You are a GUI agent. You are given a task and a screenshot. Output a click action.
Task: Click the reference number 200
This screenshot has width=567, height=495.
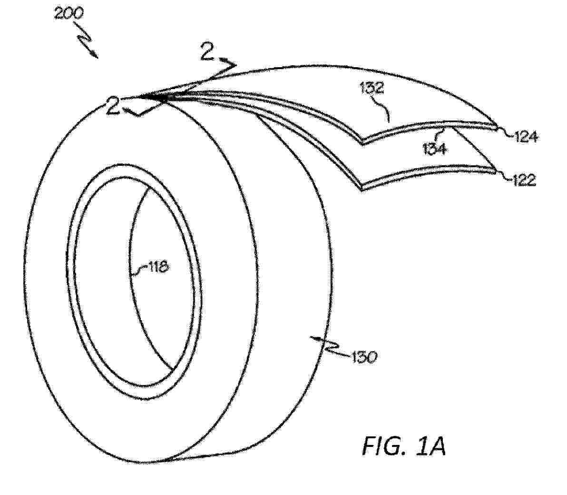click(68, 14)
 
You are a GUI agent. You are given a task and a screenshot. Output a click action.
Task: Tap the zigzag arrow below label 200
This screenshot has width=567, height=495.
click(86, 40)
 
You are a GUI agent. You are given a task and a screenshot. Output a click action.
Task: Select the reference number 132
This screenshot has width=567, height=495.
click(371, 88)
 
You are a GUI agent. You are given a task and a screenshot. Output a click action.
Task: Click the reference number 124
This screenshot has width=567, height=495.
click(525, 137)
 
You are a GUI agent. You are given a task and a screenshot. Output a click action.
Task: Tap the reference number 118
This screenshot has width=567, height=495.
click(158, 267)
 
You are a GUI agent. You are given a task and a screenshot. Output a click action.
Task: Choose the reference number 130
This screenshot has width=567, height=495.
click(364, 357)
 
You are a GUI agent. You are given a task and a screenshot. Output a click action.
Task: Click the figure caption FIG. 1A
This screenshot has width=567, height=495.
click(404, 446)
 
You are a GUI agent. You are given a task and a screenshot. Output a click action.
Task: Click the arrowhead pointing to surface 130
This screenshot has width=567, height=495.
click(314, 339)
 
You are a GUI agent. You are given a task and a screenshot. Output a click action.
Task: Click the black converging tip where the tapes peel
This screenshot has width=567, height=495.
click(156, 97)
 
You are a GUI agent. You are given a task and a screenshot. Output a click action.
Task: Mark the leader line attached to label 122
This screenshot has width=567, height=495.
click(504, 175)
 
